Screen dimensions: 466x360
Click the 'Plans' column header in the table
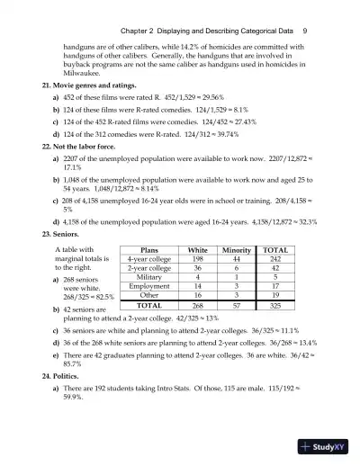145,251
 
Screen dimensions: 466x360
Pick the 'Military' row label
145,278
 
